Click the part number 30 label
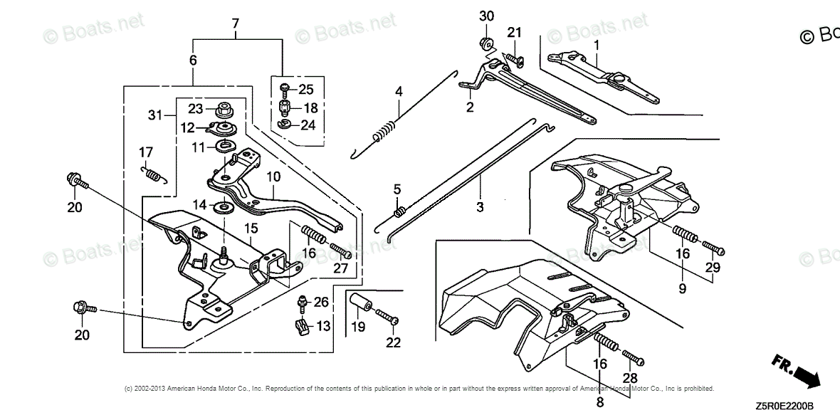(486, 16)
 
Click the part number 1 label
(597, 45)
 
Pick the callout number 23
(195, 109)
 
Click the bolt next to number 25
(285, 90)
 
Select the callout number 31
(156, 115)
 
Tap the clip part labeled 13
(300, 327)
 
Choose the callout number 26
(321, 302)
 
